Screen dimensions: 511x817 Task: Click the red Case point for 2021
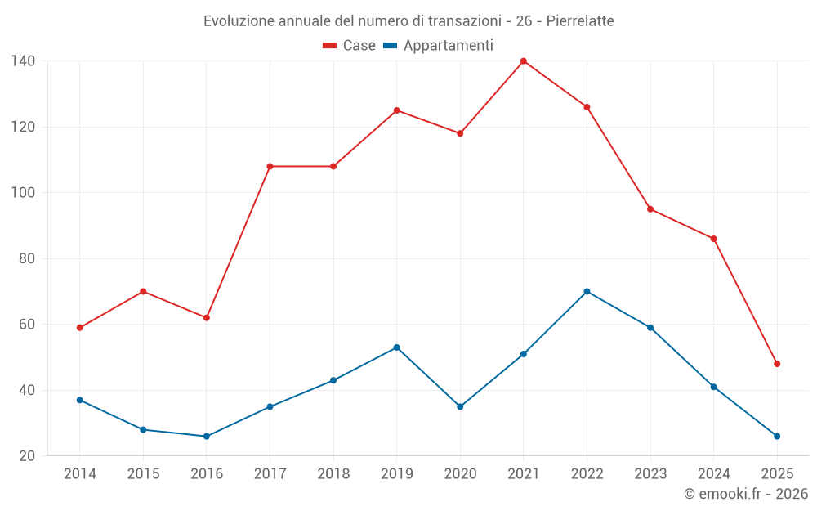[x=524, y=61]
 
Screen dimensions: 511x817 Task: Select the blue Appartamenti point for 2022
[x=587, y=291]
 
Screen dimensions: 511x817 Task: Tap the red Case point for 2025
[x=777, y=364]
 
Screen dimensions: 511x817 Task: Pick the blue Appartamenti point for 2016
[x=207, y=436]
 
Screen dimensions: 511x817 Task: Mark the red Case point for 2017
[x=270, y=166]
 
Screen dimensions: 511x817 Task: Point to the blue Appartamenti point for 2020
[x=460, y=406]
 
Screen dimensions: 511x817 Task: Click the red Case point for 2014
[x=79, y=328]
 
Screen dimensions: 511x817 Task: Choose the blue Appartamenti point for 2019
[x=396, y=347]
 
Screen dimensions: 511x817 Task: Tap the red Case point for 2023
[x=650, y=209]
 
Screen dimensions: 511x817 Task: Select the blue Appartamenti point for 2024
[x=713, y=387]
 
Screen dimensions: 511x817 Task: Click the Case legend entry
[x=350, y=46]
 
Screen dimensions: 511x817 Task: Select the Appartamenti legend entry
[x=439, y=46]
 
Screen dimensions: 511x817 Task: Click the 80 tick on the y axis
[x=26, y=258]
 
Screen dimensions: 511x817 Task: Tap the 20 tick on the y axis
[x=26, y=455]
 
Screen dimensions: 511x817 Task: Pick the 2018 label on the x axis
[x=333, y=474]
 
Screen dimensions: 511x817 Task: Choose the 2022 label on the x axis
[x=587, y=474]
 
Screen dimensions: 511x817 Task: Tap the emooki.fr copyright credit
[x=746, y=494]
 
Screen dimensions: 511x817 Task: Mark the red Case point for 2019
[x=396, y=110]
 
